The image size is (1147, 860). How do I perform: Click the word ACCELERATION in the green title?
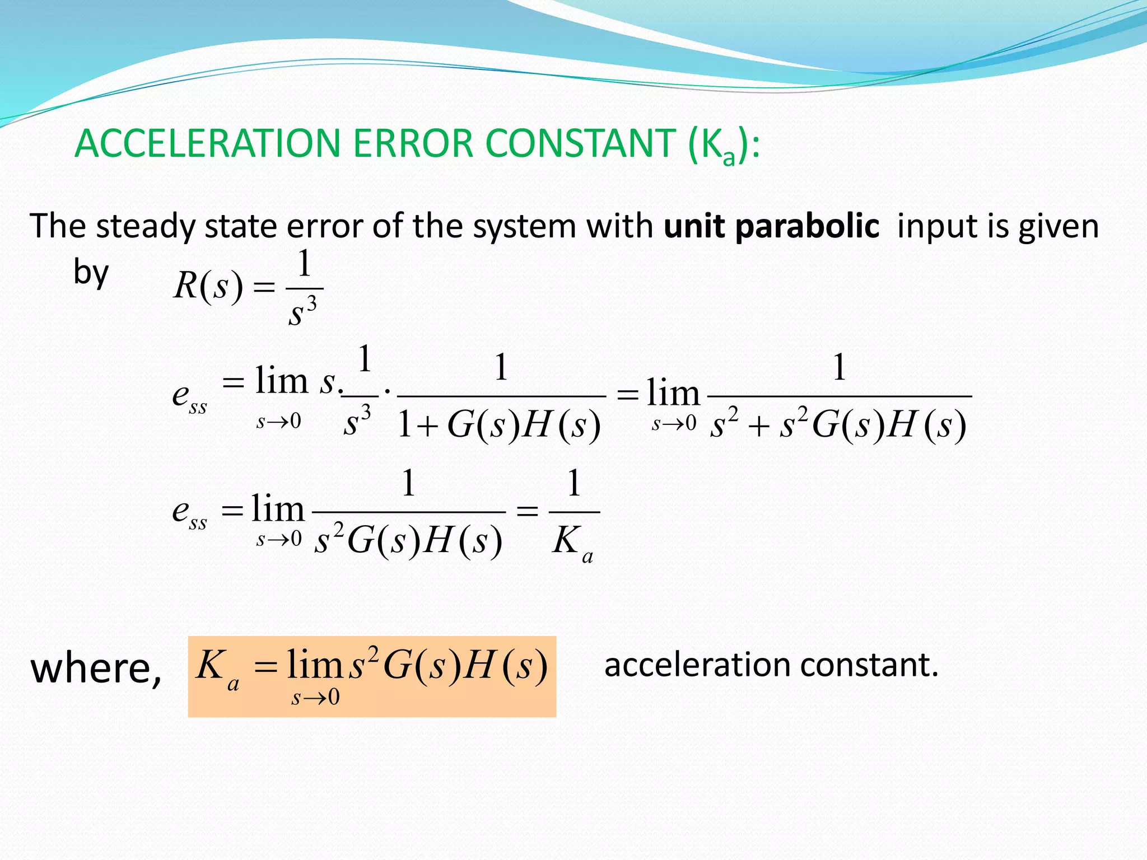(x=207, y=144)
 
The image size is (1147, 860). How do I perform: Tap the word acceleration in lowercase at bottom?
(x=697, y=665)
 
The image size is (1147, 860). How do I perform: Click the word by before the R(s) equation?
(x=91, y=273)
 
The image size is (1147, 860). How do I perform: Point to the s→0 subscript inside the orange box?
(x=315, y=698)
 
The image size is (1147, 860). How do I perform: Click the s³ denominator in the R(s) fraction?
(x=303, y=311)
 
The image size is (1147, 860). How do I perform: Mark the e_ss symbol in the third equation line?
(x=189, y=513)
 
